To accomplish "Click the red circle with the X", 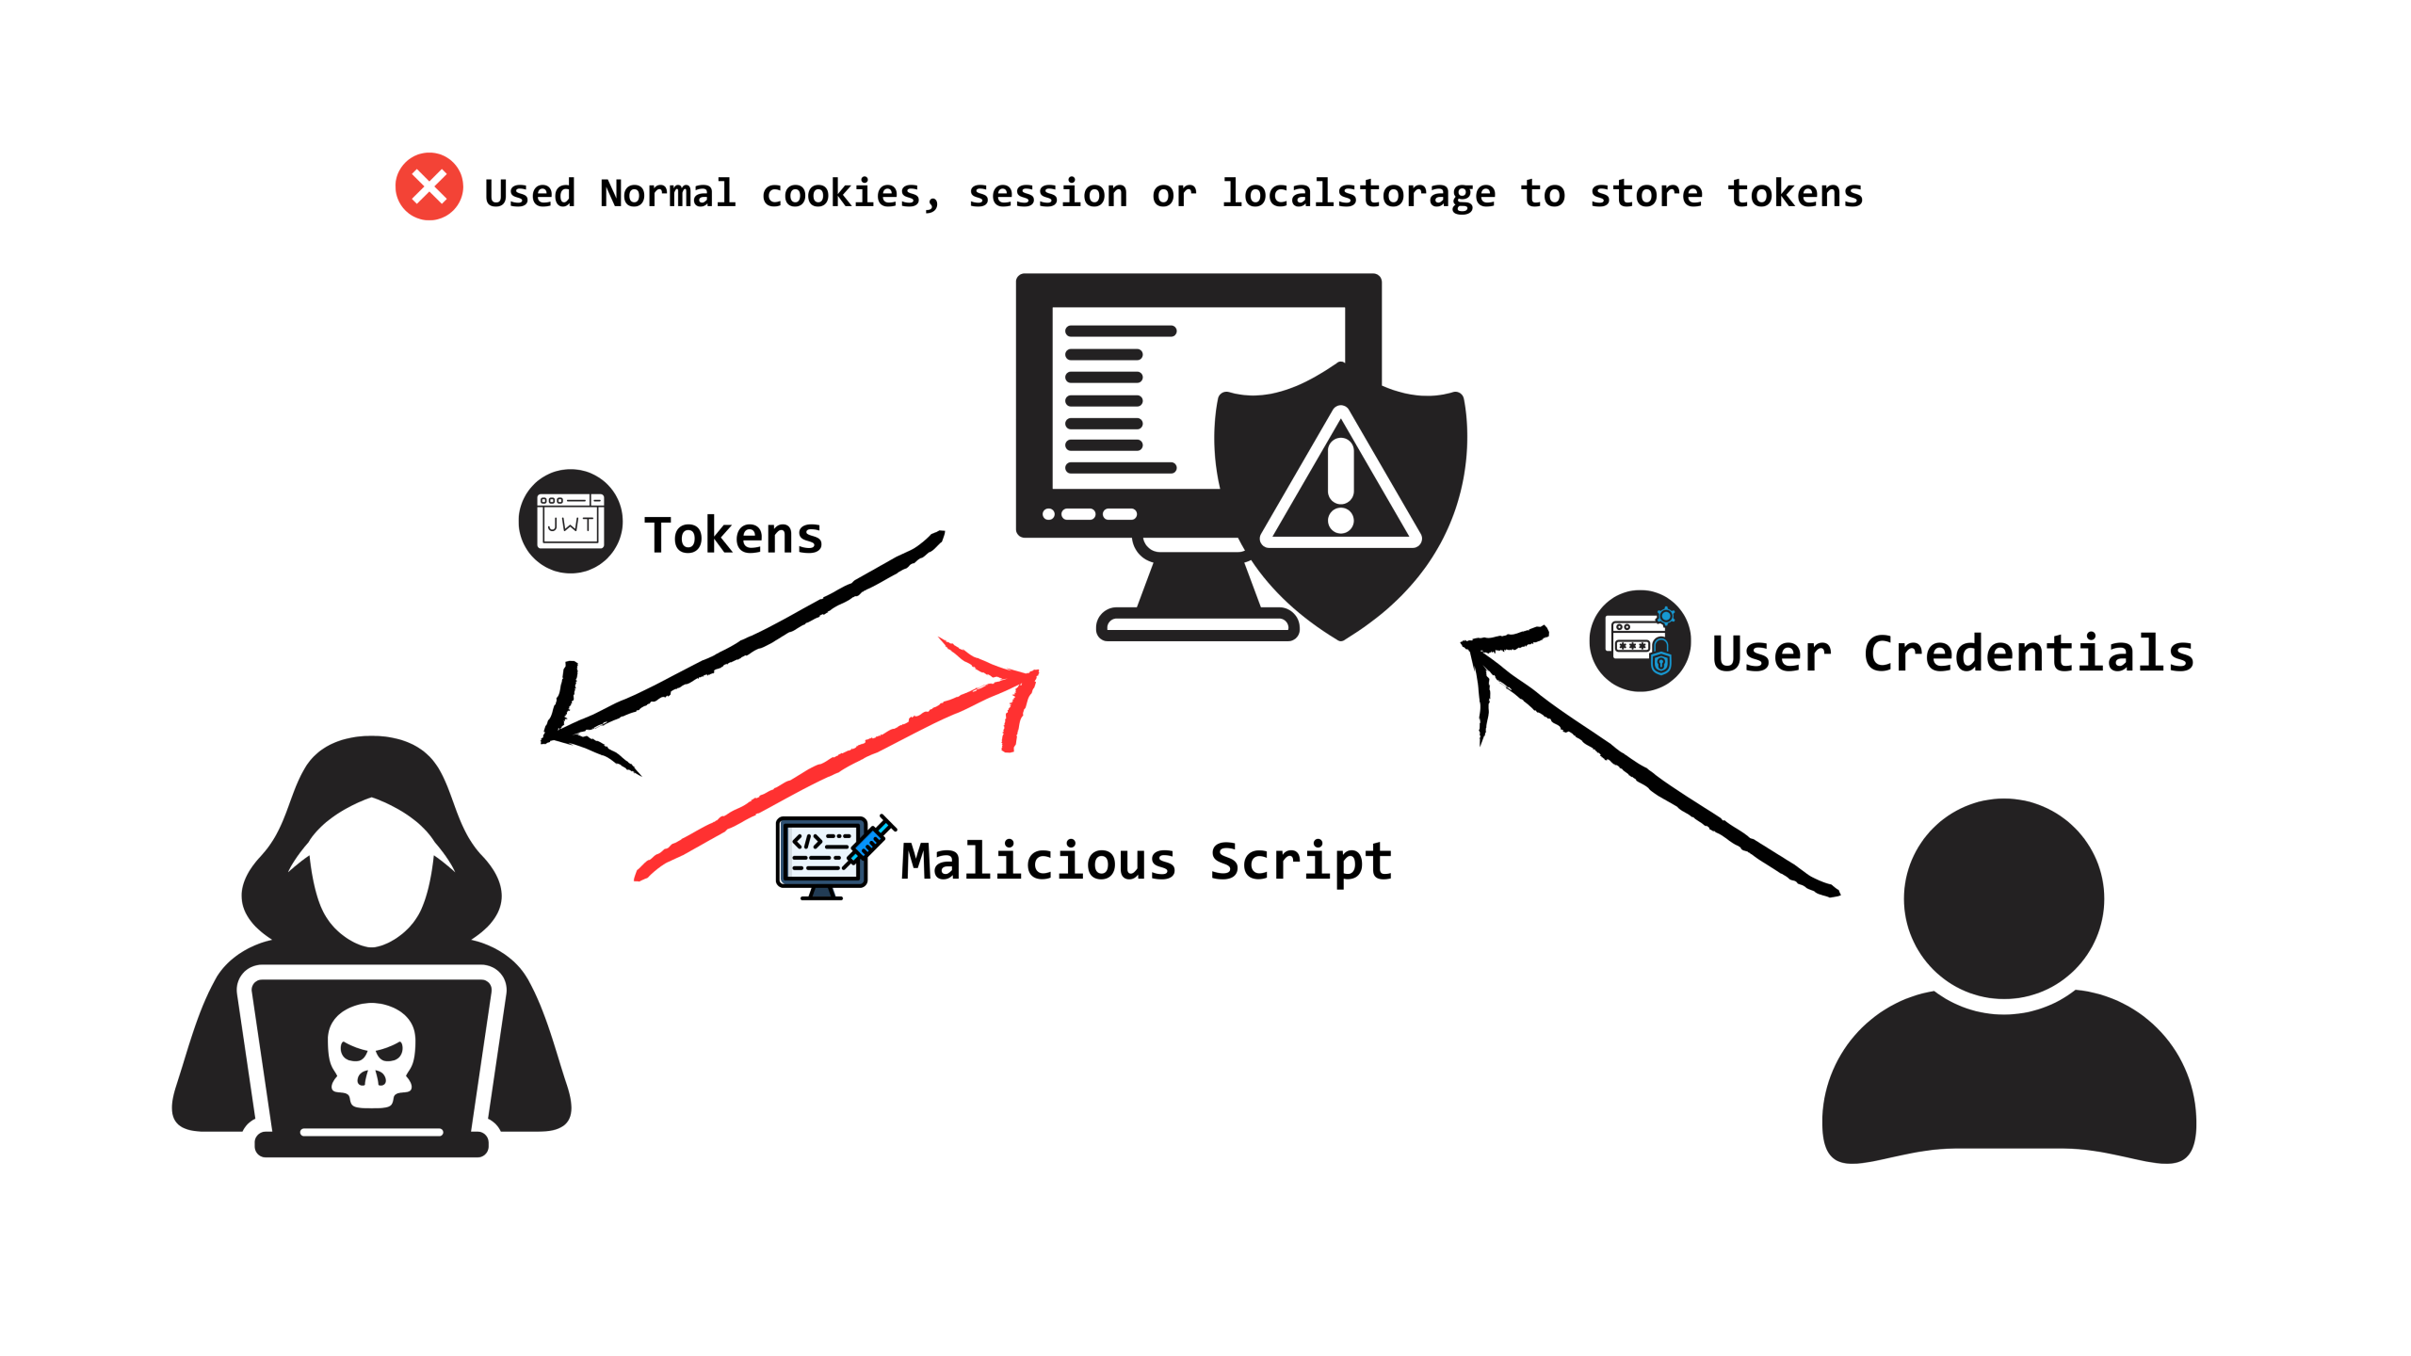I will pyautogui.click(x=429, y=186).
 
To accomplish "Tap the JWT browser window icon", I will pyautogui.click(x=571, y=521).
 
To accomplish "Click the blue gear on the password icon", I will pyautogui.click(x=1666, y=617).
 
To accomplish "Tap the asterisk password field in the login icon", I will pyautogui.click(x=1632, y=646).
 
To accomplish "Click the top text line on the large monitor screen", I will pyautogui.click(x=1121, y=331).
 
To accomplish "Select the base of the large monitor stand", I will pyautogui.click(x=1198, y=623).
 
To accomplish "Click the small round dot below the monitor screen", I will pyautogui.click(x=1048, y=514).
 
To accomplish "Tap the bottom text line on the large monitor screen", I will pyautogui.click(x=1121, y=468).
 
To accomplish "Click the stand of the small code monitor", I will pyautogui.click(x=823, y=891).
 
